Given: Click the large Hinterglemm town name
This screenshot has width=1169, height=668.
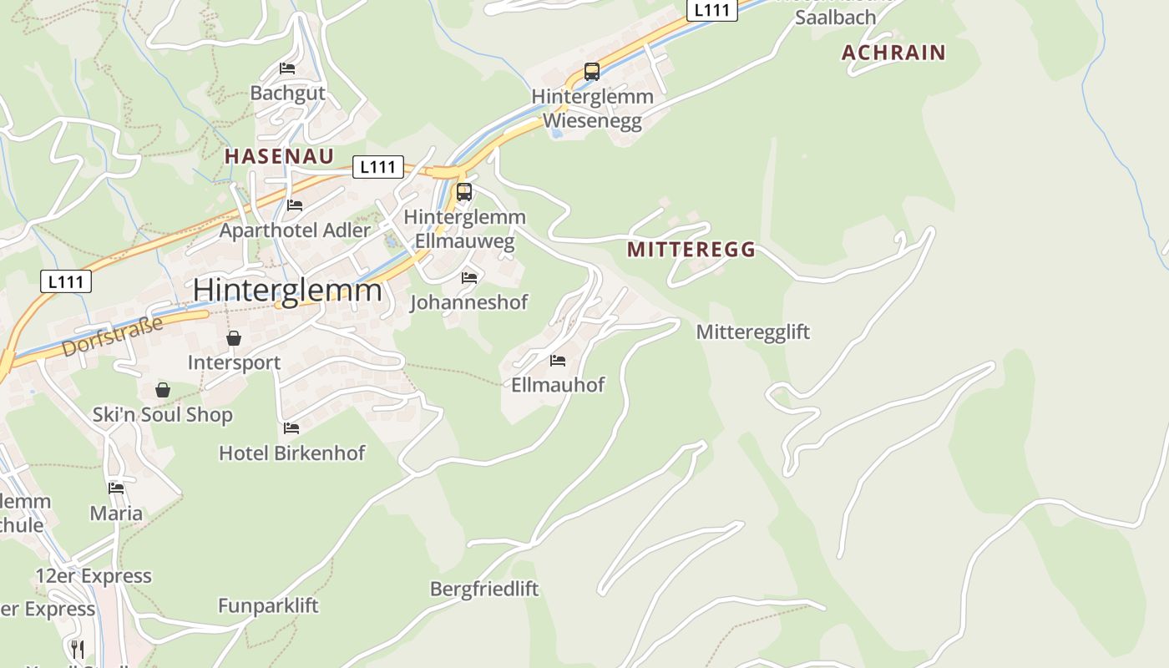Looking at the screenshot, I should tap(287, 290).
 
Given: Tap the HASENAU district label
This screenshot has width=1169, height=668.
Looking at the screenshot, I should tap(279, 156).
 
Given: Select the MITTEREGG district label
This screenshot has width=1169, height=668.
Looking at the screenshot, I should tap(691, 249).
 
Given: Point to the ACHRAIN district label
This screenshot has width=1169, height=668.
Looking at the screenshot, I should tap(893, 53).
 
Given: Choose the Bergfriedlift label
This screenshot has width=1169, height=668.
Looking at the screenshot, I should tap(484, 589).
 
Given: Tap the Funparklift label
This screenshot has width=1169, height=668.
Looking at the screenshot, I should tap(268, 605).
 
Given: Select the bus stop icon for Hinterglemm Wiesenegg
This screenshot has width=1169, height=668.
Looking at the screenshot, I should tap(592, 72).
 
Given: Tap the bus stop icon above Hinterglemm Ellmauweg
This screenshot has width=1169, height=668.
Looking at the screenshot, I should tap(464, 192).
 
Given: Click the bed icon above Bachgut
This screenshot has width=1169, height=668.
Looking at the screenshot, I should tap(287, 68).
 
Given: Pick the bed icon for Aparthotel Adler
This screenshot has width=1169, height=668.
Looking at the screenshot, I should tap(294, 205).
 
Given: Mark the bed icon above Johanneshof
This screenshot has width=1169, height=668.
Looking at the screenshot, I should tap(469, 277).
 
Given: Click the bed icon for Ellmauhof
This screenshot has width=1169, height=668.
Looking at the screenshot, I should tap(558, 361).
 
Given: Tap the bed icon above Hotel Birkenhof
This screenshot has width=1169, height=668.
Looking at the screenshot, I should tap(291, 428).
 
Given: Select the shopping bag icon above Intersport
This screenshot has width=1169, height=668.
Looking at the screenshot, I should tap(234, 338).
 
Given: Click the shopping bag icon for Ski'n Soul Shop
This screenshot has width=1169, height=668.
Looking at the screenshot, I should tap(163, 390).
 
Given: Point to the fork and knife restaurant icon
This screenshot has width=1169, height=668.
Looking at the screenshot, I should tap(77, 649).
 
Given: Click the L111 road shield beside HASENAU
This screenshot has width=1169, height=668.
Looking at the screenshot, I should tap(378, 167).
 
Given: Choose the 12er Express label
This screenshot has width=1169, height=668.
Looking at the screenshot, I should tap(94, 576).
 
